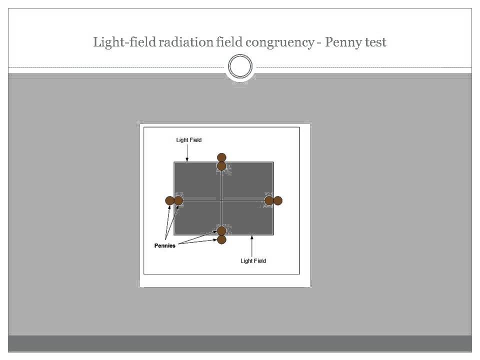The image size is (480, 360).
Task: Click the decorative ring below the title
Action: pyautogui.click(x=240, y=67)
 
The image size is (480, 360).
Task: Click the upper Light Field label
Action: pyautogui.click(x=188, y=140)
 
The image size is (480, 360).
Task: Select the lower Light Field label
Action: pyautogui.click(x=253, y=261)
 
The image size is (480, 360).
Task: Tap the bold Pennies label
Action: pyautogui.click(x=164, y=246)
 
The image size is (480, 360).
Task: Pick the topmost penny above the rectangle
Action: pyautogui.click(x=221, y=157)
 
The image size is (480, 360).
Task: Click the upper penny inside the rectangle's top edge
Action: pyautogui.click(x=221, y=166)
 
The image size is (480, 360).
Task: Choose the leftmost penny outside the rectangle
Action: pyautogui.click(x=169, y=200)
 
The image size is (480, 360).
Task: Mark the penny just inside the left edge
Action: pyautogui.click(x=178, y=200)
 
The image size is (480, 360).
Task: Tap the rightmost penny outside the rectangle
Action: pyautogui.click(x=278, y=200)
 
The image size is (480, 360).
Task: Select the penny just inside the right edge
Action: pyautogui.click(x=269, y=200)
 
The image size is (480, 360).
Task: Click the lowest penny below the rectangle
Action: pyautogui.click(x=221, y=239)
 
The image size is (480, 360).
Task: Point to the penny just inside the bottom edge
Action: pyautogui.click(x=221, y=230)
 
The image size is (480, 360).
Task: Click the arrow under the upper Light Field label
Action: pyautogui.click(x=187, y=153)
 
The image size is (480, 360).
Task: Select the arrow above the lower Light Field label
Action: pyautogui.click(x=252, y=245)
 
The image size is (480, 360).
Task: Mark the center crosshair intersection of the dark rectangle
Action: pyautogui.click(x=221, y=200)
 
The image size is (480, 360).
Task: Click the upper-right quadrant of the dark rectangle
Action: pyautogui.click(x=247, y=180)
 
